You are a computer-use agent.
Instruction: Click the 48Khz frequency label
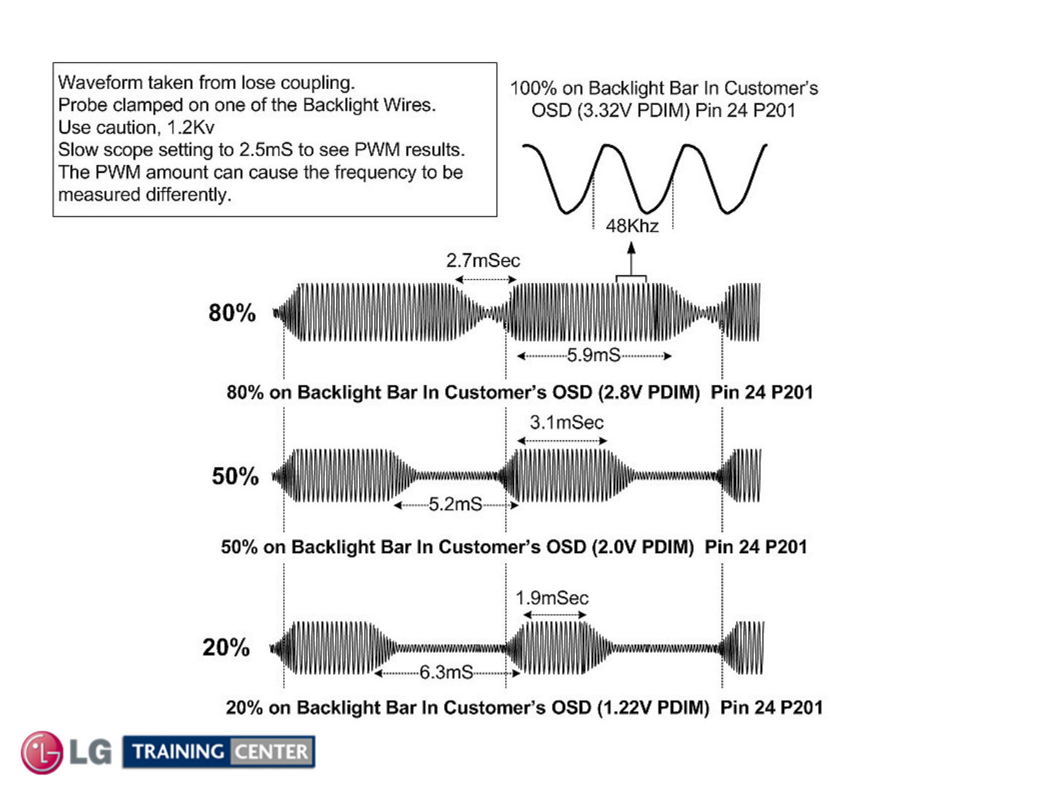click(632, 226)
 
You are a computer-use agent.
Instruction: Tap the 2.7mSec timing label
click(483, 260)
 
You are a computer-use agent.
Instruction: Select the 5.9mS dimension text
click(593, 355)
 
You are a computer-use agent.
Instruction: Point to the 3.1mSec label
click(566, 422)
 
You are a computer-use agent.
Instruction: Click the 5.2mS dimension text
click(455, 504)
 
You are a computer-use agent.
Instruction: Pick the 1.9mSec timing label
click(552, 598)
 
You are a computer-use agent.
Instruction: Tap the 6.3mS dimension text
click(446, 672)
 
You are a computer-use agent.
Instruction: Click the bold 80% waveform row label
click(232, 313)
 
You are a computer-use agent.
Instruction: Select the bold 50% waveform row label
click(235, 476)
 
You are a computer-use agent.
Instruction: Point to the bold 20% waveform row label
click(226, 647)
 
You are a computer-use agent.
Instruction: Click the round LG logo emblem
click(42, 752)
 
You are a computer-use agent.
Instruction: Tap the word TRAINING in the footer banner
click(178, 752)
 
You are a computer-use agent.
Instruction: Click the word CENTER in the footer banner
click(272, 752)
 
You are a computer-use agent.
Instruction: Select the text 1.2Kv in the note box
click(190, 128)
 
